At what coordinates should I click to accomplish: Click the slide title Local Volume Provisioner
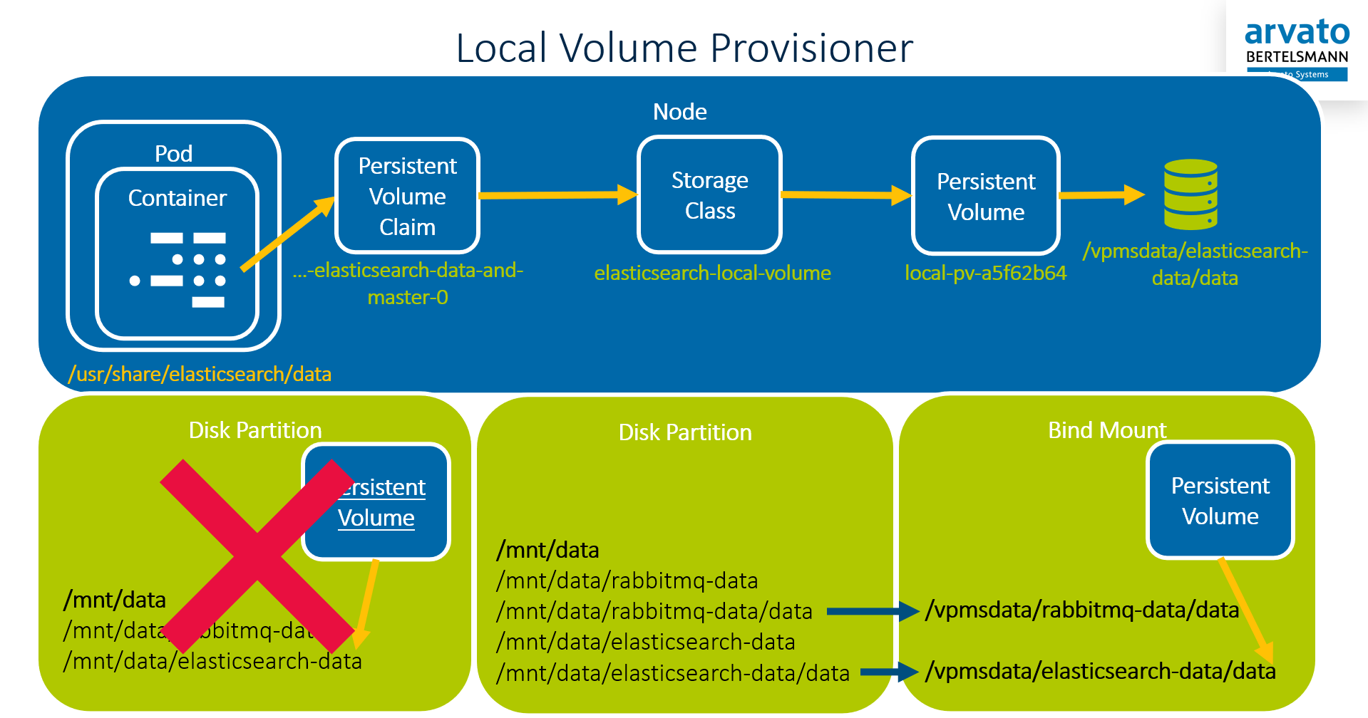[684, 48]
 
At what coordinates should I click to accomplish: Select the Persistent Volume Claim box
[407, 196]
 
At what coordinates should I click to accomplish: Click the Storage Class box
[709, 195]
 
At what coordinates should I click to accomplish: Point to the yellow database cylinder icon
[1190, 194]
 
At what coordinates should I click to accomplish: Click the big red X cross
[257, 556]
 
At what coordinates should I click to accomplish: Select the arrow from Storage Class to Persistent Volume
[845, 194]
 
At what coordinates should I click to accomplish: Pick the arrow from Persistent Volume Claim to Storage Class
[557, 194]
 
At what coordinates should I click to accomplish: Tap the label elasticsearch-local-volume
[712, 273]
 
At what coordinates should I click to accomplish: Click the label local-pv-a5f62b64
[985, 273]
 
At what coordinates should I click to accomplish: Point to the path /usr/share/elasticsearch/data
[200, 374]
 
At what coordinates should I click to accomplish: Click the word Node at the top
[679, 112]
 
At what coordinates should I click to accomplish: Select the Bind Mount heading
[1106, 430]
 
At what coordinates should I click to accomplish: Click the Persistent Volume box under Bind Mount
[1220, 501]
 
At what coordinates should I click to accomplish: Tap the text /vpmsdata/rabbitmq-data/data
[1081, 610]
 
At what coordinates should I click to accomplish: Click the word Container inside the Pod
[177, 198]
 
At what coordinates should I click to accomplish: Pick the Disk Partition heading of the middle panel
[684, 432]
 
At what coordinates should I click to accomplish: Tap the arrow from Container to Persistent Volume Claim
[287, 234]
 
